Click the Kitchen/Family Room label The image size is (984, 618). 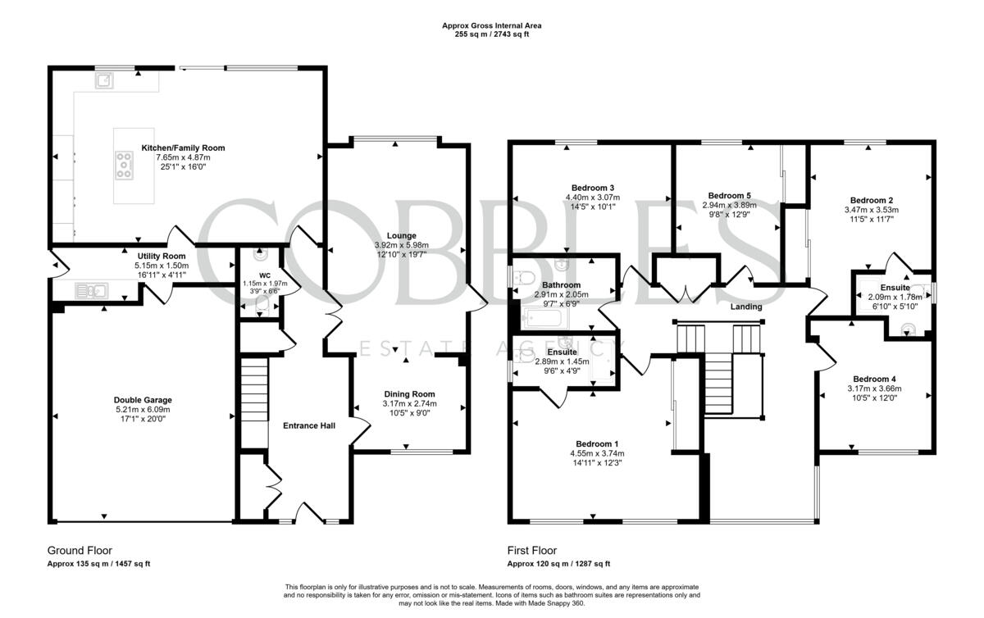183,148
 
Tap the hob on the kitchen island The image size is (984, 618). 125,165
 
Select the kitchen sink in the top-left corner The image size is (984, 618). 105,80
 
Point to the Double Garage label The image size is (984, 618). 143,400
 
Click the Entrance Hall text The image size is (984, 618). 308,425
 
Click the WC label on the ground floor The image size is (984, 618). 265,275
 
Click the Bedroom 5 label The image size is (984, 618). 729,195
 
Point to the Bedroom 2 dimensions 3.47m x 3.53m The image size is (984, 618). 872,210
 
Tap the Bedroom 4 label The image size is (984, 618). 872,379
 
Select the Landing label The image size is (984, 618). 745,307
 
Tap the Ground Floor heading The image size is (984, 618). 80,551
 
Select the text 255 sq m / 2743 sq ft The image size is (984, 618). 491,35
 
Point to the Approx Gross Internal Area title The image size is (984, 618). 491,25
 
